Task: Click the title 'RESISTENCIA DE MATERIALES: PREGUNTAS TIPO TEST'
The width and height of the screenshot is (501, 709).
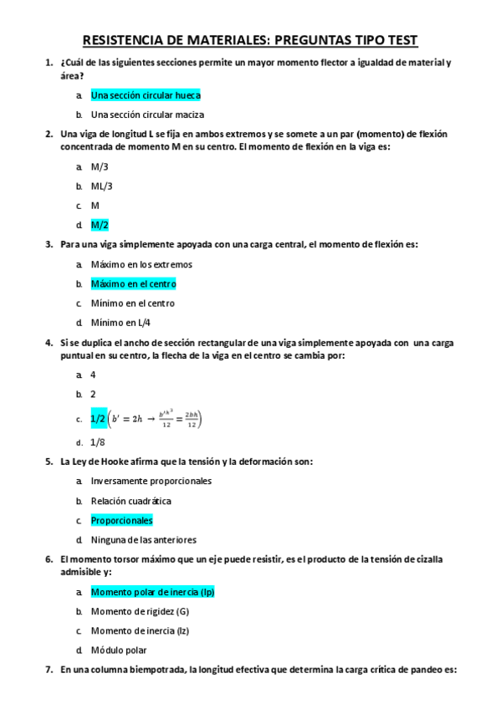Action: tap(250, 40)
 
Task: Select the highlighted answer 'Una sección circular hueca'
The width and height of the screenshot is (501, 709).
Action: tap(146, 95)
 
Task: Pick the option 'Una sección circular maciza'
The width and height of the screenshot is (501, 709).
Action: tap(147, 115)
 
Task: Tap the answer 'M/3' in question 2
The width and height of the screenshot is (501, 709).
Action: tap(100, 166)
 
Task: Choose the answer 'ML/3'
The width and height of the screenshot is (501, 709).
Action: tap(101, 186)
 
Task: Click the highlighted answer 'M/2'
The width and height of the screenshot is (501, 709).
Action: tap(100, 225)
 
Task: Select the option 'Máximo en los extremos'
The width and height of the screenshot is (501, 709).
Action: tap(141, 264)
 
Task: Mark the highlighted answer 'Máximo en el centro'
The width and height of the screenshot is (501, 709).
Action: tap(133, 284)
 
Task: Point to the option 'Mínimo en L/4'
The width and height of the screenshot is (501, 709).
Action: tap(120, 323)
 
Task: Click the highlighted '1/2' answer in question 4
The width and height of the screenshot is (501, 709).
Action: tap(99, 419)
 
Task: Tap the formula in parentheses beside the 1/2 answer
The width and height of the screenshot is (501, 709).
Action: tap(156, 419)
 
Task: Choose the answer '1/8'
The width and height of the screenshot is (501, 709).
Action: tap(98, 442)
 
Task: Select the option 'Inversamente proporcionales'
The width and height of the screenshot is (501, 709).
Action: tap(151, 481)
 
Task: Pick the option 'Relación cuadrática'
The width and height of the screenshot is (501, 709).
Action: tap(130, 501)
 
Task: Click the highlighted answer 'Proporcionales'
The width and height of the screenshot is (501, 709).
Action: tap(121, 520)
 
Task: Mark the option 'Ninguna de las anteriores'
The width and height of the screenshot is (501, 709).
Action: tap(143, 539)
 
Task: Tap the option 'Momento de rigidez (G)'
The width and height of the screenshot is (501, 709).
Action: tap(140, 611)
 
